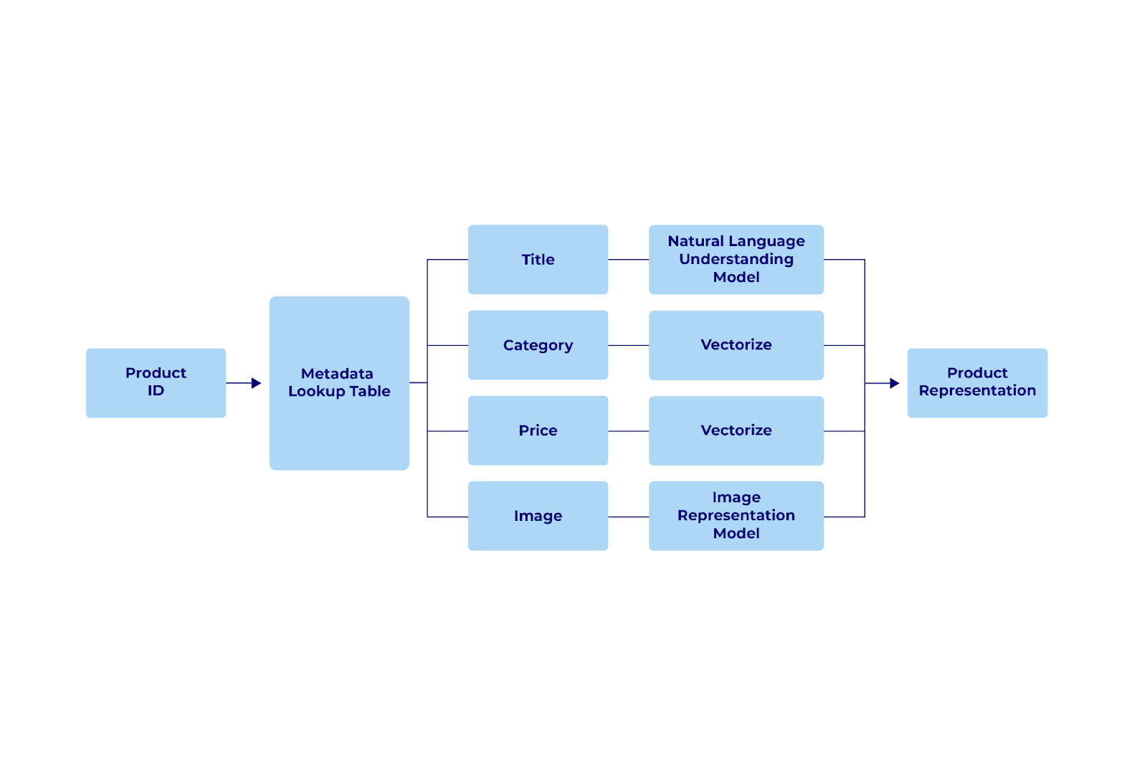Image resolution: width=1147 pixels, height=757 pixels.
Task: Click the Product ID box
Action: (156, 382)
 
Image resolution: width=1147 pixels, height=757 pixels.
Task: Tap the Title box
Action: (538, 260)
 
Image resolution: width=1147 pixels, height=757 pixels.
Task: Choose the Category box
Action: (538, 345)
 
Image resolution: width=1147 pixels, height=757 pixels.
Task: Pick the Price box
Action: (538, 431)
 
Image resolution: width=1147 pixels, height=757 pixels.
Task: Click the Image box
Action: (538, 516)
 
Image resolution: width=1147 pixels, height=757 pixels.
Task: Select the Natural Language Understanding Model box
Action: (736, 260)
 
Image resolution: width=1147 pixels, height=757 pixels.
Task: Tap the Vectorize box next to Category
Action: (736, 345)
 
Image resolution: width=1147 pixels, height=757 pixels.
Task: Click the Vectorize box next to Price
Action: (736, 431)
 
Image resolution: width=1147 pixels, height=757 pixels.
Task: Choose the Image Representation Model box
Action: (736, 516)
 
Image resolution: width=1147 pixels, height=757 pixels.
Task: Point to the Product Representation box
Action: (977, 382)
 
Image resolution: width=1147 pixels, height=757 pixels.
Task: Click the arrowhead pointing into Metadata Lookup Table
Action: (257, 383)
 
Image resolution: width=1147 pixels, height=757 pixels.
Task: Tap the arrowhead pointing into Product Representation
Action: (895, 383)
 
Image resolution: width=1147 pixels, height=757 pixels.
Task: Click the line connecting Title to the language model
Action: (629, 260)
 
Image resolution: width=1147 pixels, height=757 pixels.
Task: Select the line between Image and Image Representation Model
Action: (629, 517)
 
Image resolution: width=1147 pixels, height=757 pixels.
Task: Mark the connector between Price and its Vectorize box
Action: (629, 431)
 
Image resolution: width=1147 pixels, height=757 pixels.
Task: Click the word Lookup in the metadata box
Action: (317, 392)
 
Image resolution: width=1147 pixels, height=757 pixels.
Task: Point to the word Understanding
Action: (736, 259)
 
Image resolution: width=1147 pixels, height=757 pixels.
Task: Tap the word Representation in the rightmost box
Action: (977, 391)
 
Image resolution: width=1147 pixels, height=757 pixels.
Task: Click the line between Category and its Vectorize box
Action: (629, 345)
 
